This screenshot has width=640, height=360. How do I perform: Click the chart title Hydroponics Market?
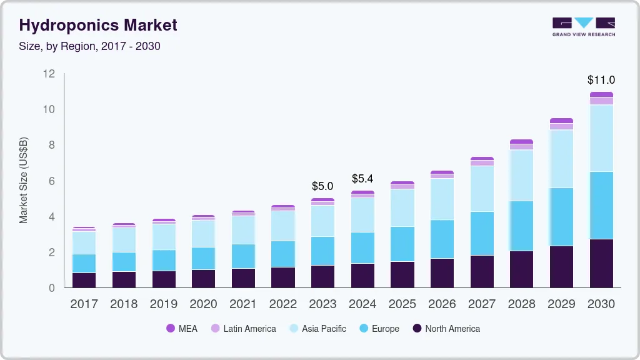pos(98,25)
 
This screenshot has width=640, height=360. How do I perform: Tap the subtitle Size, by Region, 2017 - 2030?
pos(90,46)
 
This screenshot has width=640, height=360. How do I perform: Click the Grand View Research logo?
pos(583,26)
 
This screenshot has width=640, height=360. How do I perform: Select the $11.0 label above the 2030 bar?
pos(601,80)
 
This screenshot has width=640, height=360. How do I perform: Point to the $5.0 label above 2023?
pos(322,186)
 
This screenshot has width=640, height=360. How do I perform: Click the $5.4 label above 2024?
pos(362,179)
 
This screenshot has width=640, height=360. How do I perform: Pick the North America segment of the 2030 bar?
pos(601,263)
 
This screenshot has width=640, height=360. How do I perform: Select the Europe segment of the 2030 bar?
pos(601,205)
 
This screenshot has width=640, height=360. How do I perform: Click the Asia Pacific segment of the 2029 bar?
pos(561,159)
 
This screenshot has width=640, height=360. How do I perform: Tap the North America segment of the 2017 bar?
pos(84,280)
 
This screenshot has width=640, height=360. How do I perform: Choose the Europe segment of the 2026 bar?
pos(442,239)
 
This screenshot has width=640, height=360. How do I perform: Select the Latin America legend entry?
pos(243,329)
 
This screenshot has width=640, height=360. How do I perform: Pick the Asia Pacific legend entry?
pos(317,329)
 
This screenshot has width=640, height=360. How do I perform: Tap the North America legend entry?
pos(446,329)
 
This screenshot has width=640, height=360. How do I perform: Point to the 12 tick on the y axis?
pos(49,74)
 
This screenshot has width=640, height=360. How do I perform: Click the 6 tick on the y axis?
pos(52,181)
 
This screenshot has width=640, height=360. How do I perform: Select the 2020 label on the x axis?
pos(203,304)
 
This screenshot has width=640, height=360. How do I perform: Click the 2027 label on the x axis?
pos(482,304)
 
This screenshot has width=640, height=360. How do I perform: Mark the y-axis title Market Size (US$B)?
pos(24,180)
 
